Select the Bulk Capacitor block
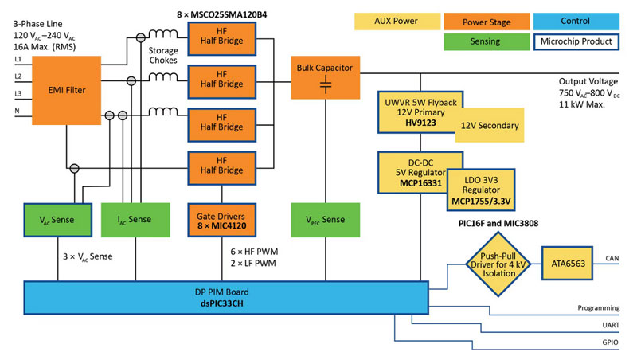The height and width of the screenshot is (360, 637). pyautogui.click(x=325, y=77)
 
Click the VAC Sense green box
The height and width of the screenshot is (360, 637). pyautogui.click(x=57, y=220)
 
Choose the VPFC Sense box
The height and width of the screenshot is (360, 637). pyautogui.click(x=325, y=220)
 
